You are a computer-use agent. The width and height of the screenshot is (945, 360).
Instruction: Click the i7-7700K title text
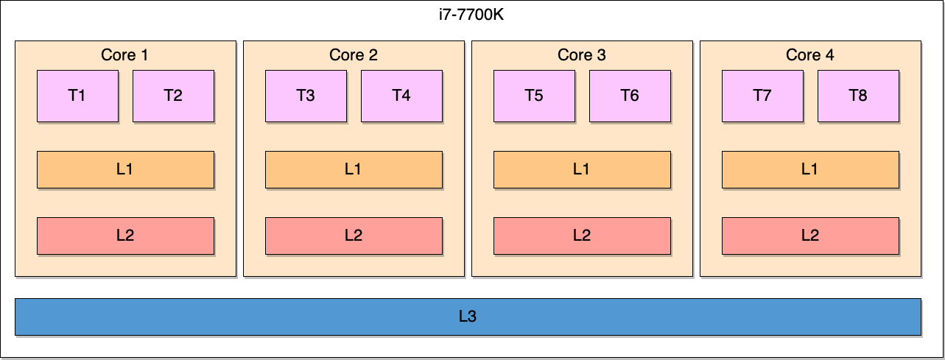tap(471, 15)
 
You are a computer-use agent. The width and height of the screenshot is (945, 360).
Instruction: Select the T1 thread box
tap(77, 96)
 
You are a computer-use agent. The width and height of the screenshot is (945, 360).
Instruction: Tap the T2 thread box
tap(173, 96)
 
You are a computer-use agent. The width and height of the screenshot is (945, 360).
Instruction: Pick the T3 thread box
tap(306, 96)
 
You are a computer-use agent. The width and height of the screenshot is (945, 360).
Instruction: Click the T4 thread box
tap(401, 96)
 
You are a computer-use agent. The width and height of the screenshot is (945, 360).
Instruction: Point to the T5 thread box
tap(534, 96)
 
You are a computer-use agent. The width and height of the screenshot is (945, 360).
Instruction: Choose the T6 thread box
tap(630, 96)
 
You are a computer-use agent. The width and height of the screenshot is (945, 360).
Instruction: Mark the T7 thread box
tap(762, 96)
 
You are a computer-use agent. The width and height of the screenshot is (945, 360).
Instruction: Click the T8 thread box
tap(858, 96)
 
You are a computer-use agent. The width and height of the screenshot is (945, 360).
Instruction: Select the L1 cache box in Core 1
tap(125, 169)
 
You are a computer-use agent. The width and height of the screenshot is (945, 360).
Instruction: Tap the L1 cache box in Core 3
tap(582, 169)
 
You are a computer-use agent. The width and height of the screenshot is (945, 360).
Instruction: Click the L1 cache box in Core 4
tap(810, 169)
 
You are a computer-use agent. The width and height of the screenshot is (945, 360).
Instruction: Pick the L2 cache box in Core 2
tap(354, 236)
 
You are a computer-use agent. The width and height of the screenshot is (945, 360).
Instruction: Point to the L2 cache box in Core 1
tap(125, 236)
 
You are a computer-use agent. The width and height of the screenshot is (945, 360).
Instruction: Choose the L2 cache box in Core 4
tap(810, 236)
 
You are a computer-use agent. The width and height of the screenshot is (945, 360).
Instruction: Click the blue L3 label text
tap(468, 317)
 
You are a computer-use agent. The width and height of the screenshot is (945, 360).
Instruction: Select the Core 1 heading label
tap(125, 55)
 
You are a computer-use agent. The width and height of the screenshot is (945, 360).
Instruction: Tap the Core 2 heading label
tap(354, 55)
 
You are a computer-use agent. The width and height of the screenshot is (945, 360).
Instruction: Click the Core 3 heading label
tap(582, 55)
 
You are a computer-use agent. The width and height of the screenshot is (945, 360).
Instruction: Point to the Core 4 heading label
tap(810, 55)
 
